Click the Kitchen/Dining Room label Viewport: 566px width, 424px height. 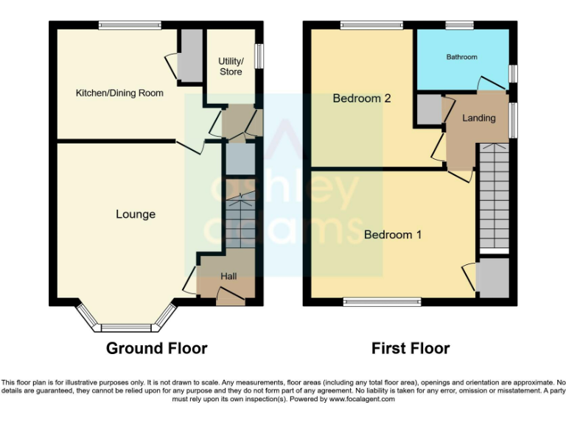coord(119,93)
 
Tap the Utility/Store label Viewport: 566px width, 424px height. coord(230,66)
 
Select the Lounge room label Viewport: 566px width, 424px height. coord(136,214)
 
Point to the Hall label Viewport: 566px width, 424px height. coord(229,276)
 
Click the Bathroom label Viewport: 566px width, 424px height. coord(461,57)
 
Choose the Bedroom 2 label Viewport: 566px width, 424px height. coord(361,99)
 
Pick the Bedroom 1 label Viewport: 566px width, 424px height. coord(393,235)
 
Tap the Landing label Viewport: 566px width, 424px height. coord(478,118)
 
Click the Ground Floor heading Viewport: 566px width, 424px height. coord(156,348)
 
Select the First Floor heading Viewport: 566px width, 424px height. coord(410,348)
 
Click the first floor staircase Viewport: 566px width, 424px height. coord(494,197)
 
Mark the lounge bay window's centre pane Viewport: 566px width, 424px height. coord(127,328)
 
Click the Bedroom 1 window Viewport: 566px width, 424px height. coord(382,301)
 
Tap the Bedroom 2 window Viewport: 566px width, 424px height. coord(371,25)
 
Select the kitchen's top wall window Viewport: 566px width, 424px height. coord(130,25)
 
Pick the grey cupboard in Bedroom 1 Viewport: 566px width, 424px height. coord(492,278)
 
